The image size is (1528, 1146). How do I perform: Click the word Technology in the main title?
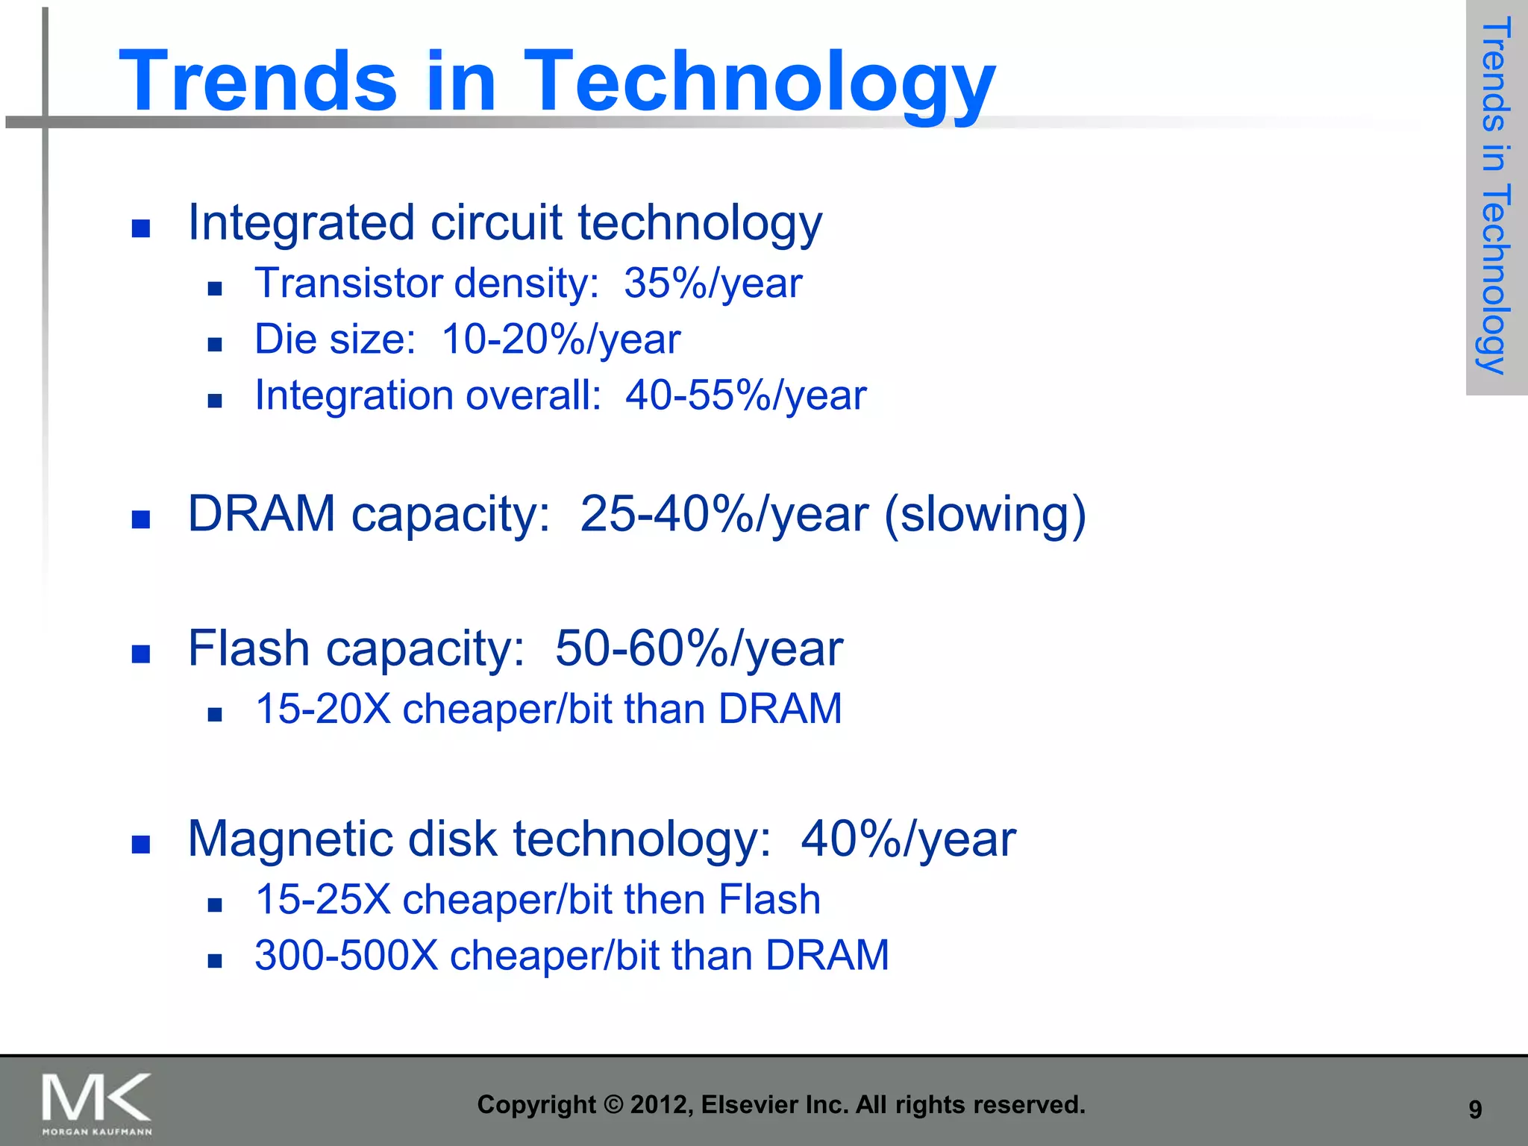pos(759,82)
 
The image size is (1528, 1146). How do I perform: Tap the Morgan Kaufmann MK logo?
pos(96,1103)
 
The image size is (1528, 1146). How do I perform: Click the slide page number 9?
pos(1474,1109)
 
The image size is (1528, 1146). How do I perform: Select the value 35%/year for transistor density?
pos(713,284)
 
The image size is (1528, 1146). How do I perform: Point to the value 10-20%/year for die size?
pos(560,339)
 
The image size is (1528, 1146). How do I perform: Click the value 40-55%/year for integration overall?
pos(745,395)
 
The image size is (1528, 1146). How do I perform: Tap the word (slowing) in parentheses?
pos(984,514)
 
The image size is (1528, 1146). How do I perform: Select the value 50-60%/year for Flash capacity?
pos(698,648)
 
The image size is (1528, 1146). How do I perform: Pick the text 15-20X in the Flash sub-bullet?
pos(322,709)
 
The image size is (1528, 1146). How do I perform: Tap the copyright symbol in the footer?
pos(613,1105)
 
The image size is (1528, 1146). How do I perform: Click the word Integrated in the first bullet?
pos(301,223)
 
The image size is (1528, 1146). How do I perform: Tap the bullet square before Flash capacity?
pos(141,654)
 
